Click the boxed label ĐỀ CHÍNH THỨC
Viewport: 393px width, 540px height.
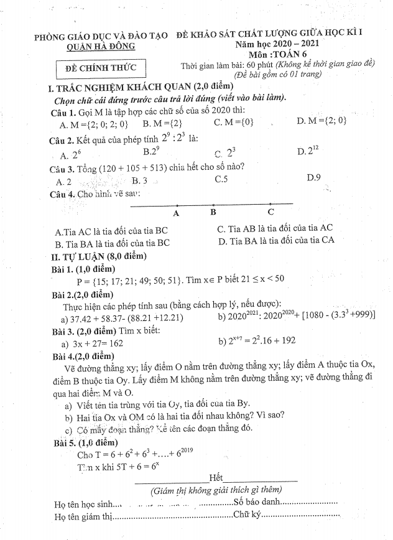tap(100, 68)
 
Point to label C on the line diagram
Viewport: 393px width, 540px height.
tap(270, 212)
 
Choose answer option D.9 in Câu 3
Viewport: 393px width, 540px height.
tap(313, 178)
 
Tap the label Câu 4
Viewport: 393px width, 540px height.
tap(62, 194)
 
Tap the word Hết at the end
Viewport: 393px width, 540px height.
tap(216, 477)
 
